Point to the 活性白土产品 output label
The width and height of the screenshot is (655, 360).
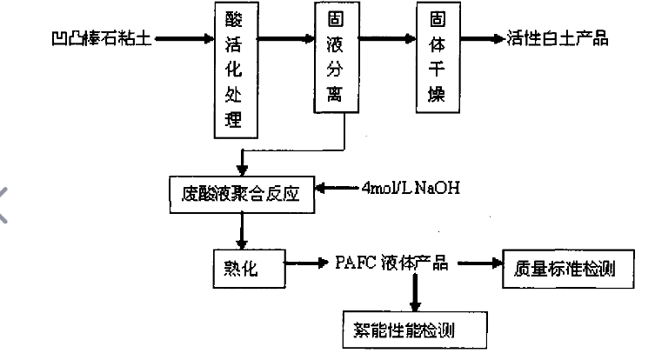pos(557,38)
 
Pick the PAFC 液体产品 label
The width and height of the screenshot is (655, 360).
pos(391,263)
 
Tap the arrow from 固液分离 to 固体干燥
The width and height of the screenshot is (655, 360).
pos(387,38)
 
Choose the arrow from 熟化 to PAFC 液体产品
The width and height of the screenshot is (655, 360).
pos(304,262)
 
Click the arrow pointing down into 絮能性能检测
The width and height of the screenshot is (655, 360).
pos(414,296)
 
